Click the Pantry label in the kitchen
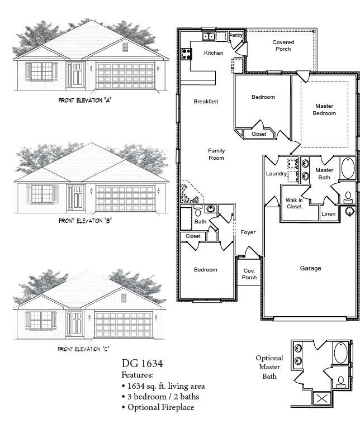pos(236,36)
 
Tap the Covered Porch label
pos(283,46)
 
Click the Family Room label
pos(216,154)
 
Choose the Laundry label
pos(276,174)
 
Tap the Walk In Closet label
pos(293,203)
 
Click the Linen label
pos(328,214)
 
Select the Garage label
pos(310,268)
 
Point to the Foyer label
pos(248,232)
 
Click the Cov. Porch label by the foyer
pos(249,274)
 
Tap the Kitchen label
pos(214,53)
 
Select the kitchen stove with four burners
pos(186,54)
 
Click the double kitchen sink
pos(210,36)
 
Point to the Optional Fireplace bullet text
pos(158,407)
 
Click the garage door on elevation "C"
pos(123,323)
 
